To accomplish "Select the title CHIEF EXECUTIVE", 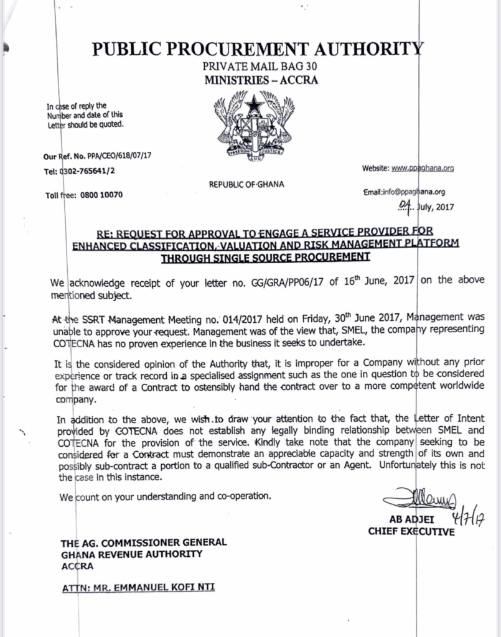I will pos(411,532).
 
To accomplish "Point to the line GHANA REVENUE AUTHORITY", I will pos(131,555).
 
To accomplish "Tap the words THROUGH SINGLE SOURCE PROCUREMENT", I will pos(264,256).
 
